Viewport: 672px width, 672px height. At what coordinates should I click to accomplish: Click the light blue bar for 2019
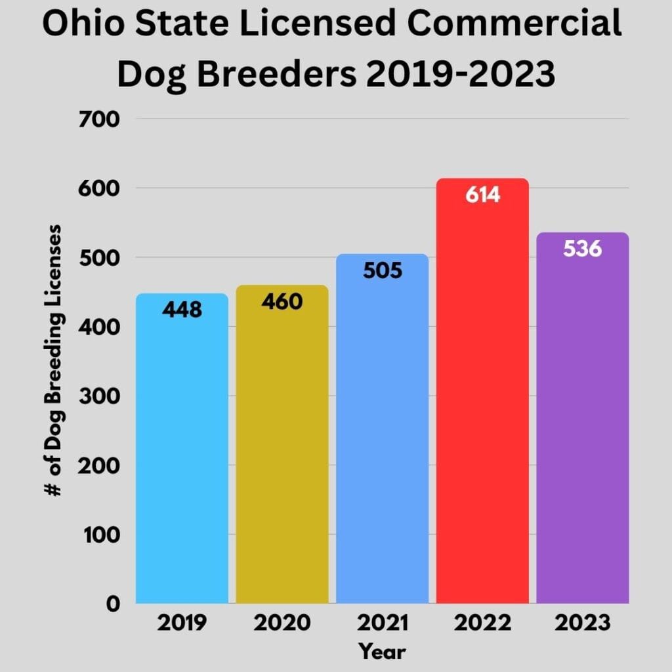pyautogui.click(x=182, y=453)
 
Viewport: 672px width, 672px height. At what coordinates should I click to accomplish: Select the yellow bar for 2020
pyautogui.click(x=282, y=453)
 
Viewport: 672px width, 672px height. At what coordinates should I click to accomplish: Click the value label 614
pyautogui.click(x=482, y=195)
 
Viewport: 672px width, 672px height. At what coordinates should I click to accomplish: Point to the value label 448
pyautogui.click(x=182, y=309)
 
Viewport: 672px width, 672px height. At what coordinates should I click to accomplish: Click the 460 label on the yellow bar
pyautogui.click(x=282, y=301)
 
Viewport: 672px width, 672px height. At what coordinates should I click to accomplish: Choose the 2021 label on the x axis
pyautogui.click(x=383, y=622)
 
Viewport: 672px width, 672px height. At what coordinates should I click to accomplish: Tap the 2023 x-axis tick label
pyautogui.click(x=583, y=622)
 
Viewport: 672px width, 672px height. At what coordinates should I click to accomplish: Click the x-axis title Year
pyautogui.click(x=383, y=652)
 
